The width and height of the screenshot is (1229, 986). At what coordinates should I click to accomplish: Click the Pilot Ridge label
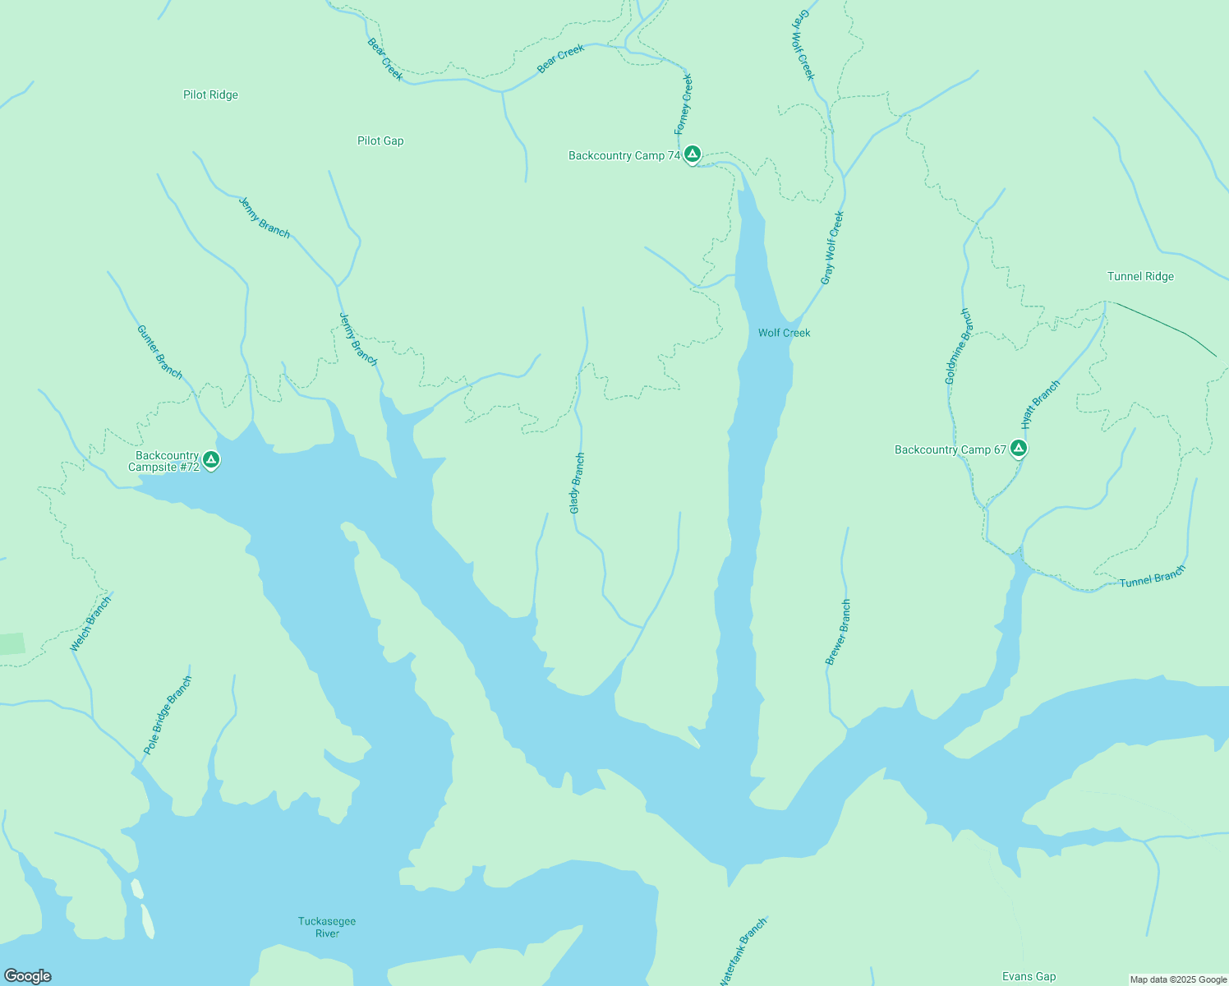point(210,95)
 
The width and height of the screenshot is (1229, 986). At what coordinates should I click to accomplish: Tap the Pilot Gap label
point(380,141)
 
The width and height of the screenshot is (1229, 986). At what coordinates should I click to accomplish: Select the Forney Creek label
point(684,104)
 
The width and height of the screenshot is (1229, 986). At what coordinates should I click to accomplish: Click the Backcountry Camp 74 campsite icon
point(693,154)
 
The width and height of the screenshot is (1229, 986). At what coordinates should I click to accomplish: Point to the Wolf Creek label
point(784,333)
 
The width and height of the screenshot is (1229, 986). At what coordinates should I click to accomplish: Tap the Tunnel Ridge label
point(1140,277)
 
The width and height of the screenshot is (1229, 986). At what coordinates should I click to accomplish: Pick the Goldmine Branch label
point(958,347)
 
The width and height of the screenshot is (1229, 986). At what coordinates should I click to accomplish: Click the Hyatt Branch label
point(1040,404)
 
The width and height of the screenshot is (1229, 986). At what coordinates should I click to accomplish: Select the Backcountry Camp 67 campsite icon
point(1019,448)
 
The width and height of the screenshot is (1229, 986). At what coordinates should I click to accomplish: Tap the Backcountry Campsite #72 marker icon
point(211,459)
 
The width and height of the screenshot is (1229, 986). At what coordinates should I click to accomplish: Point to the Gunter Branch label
point(159,352)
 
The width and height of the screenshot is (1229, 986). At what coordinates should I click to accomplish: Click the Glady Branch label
point(577,484)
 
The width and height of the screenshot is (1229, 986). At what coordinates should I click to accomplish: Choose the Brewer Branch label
point(839,632)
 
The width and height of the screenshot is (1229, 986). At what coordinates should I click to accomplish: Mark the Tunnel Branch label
point(1153,578)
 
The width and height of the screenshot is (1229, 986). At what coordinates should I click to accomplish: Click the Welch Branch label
point(90,624)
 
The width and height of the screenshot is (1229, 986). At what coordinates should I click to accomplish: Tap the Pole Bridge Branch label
point(168,715)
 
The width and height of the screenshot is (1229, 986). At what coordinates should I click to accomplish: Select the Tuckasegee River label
point(327,927)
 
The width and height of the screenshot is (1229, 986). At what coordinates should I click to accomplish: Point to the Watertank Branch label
point(743,951)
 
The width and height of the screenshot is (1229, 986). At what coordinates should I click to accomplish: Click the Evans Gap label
point(1029,977)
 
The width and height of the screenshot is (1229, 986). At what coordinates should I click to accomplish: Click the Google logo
point(28,976)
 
